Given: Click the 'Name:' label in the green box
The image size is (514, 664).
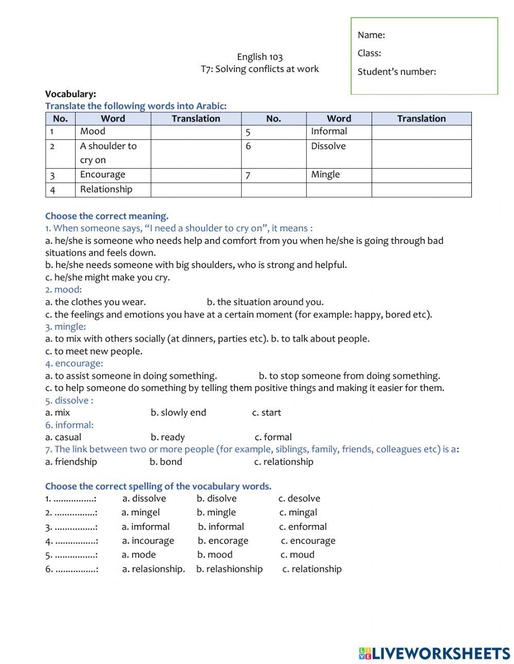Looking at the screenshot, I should tap(371, 35).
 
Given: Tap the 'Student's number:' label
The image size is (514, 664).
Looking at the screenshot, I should tap(396, 71).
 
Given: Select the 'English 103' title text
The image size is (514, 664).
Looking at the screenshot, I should tap(260, 57).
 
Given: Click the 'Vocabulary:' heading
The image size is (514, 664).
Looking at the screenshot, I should tap(70, 94).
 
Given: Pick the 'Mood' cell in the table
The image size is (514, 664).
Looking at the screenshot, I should tap(93, 132).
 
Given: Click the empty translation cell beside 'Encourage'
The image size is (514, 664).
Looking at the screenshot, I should tap(196, 175).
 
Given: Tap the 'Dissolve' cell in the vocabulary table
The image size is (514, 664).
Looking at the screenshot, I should tap(328, 146).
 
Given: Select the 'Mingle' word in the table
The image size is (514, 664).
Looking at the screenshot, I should tap(325, 174).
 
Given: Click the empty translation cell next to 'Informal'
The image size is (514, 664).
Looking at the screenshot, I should tap(421, 132).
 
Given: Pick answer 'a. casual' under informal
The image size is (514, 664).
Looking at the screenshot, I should tap(63, 437).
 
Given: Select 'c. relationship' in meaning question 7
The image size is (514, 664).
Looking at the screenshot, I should tap(284, 461).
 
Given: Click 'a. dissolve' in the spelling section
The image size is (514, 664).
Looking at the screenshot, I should tap(144, 498).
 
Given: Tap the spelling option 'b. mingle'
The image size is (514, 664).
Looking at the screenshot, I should tap(216, 512).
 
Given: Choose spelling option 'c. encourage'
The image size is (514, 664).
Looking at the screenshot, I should tap(308, 541).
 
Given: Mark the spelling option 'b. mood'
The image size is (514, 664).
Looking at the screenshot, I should tap(215, 554).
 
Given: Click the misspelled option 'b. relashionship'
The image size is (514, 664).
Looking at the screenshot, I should tap(229, 569).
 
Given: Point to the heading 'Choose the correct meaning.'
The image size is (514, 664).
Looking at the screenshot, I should tap(106, 216).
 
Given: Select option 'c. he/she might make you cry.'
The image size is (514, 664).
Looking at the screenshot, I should tap(107, 277).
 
